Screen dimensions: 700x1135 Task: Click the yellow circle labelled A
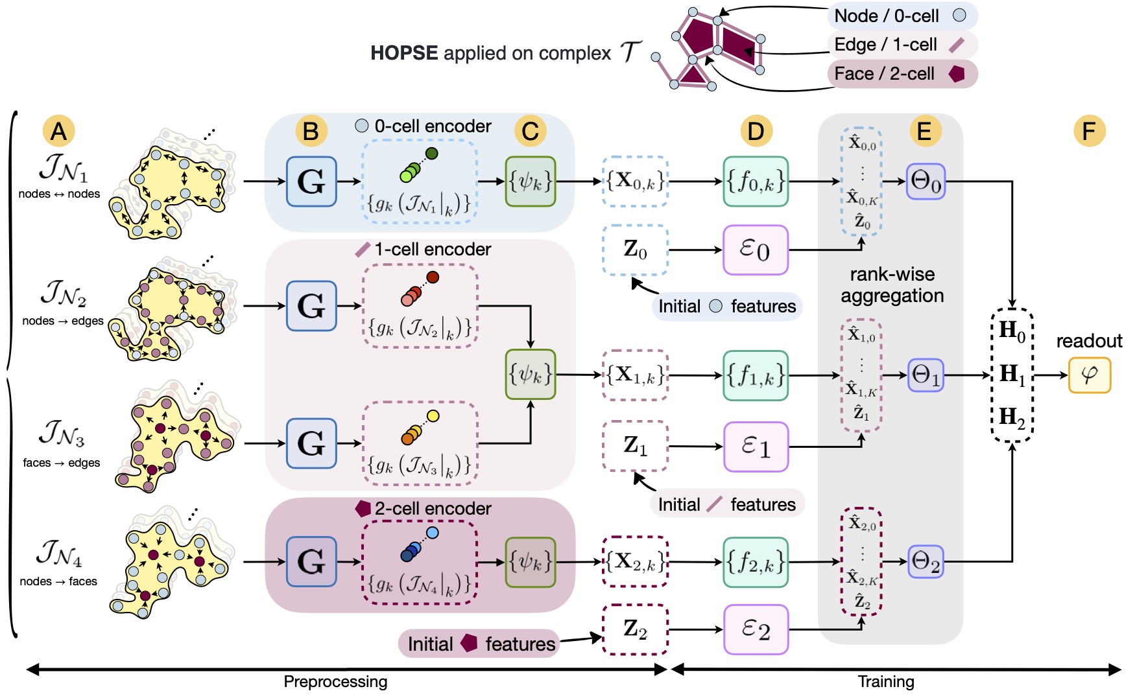click(x=58, y=131)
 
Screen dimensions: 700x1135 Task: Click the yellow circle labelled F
click(x=1089, y=131)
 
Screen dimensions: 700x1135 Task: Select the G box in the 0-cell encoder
click(x=311, y=181)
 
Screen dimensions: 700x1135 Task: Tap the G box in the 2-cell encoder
click(x=311, y=561)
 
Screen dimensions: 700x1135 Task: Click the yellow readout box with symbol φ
click(x=1090, y=375)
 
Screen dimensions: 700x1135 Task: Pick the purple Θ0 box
click(x=926, y=181)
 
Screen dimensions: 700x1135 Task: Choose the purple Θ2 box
click(x=926, y=561)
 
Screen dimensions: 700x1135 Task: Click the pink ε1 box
click(x=756, y=447)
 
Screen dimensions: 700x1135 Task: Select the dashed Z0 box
click(x=635, y=250)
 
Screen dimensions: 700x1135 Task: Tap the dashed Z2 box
click(x=635, y=629)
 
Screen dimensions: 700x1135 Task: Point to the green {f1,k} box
click(x=756, y=375)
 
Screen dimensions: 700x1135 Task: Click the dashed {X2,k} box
click(x=635, y=561)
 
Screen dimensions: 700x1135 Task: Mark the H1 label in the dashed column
click(x=1012, y=375)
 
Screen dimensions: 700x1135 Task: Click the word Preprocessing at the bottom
click(x=335, y=682)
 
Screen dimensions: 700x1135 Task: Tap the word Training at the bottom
click(x=886, y=682)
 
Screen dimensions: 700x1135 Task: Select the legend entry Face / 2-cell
click(x=902, y=74)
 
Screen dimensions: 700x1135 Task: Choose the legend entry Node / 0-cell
click(x=902, y=16)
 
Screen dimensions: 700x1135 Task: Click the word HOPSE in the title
click(x=403, y=53)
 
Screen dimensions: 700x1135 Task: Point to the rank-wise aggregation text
click(x=892, y=285)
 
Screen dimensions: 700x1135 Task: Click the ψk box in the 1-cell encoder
click(x=531, y=375)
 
